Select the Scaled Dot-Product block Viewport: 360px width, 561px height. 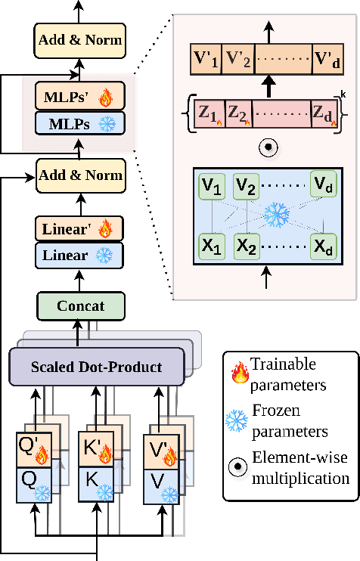click(97, 367)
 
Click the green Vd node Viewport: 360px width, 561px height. click(324, 184)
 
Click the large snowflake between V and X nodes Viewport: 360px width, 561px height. click(276, 214)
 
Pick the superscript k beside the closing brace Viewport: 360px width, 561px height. click(344, 95)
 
